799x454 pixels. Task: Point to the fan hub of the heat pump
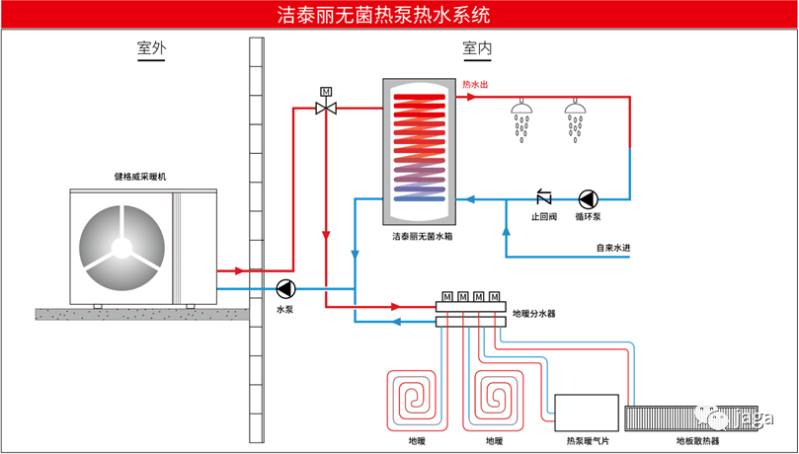click(x=122, y=244)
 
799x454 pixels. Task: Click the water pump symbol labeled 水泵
click(x=285, y=289)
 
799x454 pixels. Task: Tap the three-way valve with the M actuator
click(x=325, y=107)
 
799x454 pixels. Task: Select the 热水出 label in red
click(x=476, y=86)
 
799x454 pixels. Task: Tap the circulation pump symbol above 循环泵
click(x=589, y=197)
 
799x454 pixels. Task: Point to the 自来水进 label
click(x=612, y=249)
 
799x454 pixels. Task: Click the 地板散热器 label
click(x=697, y=441)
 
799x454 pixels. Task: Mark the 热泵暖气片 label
click(x=587, y=441)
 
